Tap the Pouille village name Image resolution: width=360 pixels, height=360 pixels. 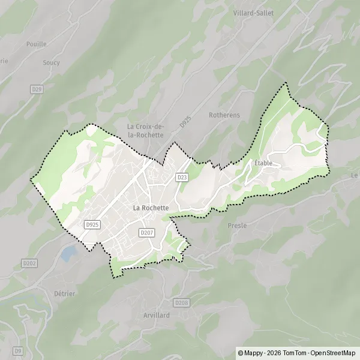[37, 44]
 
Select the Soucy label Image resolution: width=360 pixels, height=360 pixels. [51, 62]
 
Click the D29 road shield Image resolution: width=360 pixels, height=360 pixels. [37, 89]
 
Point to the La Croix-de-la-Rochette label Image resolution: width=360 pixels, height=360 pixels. [145, 131]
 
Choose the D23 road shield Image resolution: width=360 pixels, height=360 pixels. [182, 177]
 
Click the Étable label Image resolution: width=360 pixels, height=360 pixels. [263, 163]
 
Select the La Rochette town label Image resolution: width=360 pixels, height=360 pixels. [151, 208]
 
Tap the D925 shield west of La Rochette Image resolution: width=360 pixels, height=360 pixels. [92, 224]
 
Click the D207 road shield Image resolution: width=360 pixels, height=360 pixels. [146, 232]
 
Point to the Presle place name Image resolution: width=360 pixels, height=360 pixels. [238, 226]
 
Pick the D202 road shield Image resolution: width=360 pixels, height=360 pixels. [29, 263]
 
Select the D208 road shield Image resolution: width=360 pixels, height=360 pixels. [181, 303]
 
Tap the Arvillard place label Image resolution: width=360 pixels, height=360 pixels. [157, 315]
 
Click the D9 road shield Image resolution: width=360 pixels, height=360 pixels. [18, 350]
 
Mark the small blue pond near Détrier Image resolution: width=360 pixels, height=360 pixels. [68, 253]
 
